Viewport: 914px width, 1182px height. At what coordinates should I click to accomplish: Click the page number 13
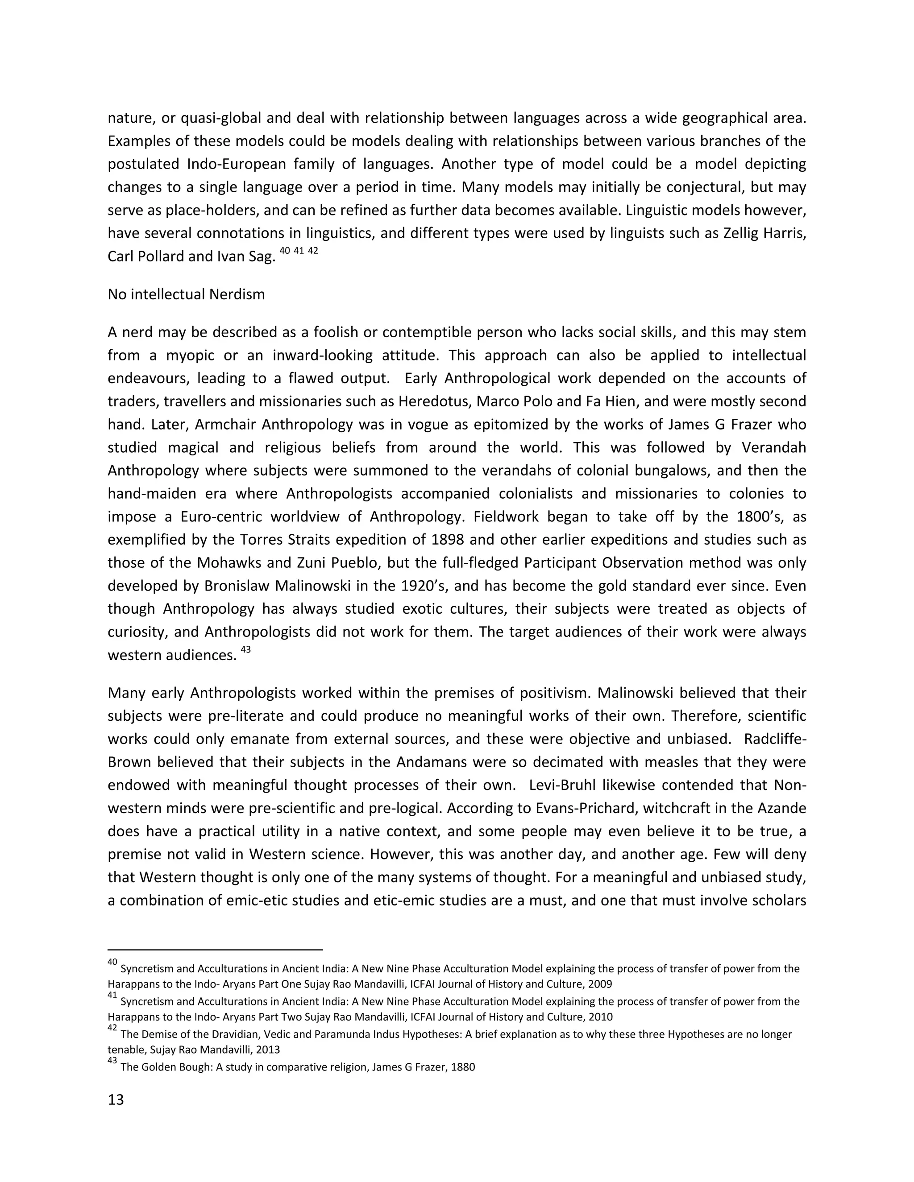point(116,1100)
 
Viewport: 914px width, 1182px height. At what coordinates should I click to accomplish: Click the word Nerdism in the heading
point(241,294)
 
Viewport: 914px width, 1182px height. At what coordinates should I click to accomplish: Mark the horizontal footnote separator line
point(215,949)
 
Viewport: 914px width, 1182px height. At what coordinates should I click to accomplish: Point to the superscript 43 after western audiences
point(245,649)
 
